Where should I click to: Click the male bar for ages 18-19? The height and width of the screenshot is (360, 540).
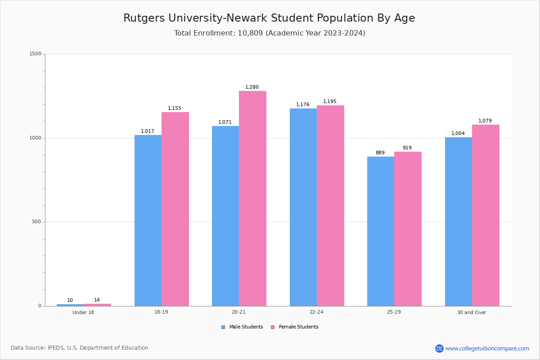tap(148, 220)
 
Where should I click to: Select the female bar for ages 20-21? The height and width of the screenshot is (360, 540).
tap(252, 198)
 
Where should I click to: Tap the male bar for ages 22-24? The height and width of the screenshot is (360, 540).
tap(303, 207)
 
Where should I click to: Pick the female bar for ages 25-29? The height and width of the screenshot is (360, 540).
tap(408, 229)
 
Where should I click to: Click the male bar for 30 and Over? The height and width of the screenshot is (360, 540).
tap(459, 221)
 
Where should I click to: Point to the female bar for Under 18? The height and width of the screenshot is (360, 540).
tap(97, 305)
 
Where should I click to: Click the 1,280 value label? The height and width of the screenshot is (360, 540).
tap(252, 87)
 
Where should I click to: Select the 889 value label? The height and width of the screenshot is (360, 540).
tap(380, 153)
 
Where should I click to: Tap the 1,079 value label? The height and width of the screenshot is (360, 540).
tap(485, 121)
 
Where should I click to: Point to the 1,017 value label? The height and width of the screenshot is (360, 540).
tap(148, 131)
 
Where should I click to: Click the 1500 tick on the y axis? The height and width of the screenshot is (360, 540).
tap(36, 54)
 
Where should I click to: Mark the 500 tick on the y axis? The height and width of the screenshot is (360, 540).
tap(37, 222)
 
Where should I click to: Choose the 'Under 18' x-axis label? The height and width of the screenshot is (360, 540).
tap(83, 312)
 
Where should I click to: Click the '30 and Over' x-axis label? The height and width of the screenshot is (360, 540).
tap(472, 312)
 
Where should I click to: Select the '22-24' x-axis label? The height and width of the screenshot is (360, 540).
tap(316, 312)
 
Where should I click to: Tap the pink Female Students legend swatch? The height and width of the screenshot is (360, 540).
tap(273, 327)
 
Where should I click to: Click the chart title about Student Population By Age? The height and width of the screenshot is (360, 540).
tap(269, 18)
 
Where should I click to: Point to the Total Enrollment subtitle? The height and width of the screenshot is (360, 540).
tap(270, 33)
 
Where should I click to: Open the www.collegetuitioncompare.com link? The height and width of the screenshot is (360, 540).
tap(487, 348)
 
